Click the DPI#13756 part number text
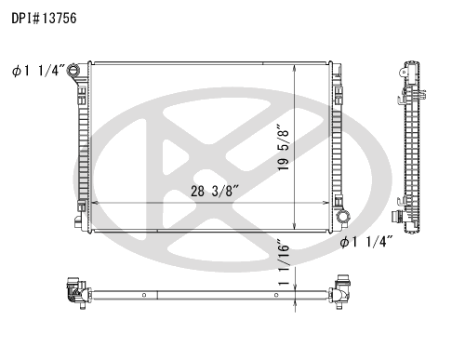tap(44, 19)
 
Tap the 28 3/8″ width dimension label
tap(215, 192)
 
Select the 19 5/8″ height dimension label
tap(284, 147)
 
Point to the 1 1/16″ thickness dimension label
tap(284, 262)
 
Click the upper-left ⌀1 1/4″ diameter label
tap(39, 71)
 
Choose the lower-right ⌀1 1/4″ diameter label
tap(366, 242)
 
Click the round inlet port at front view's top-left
tap(73, 70)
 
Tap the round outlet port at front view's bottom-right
tap(343, 216)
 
